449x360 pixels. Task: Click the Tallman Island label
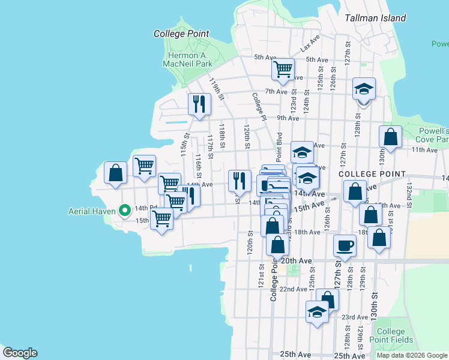[375, 18]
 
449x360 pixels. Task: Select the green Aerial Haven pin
[125, 210]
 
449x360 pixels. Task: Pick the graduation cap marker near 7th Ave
[363, 89]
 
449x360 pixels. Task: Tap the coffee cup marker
[345, 245]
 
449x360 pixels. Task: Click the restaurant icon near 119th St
[199, 104]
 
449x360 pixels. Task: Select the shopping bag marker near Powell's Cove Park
[390, 136]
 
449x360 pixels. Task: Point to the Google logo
[20, 353]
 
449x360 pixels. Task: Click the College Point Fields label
[391, 335]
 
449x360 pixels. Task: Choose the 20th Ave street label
[297, 261]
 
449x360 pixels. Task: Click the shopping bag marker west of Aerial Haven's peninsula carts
[115, 172]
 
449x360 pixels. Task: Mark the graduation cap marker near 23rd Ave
[316, 312]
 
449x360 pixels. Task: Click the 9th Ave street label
[288, 118]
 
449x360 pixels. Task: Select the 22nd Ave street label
[294, 289]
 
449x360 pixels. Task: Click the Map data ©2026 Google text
[411, 355]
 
